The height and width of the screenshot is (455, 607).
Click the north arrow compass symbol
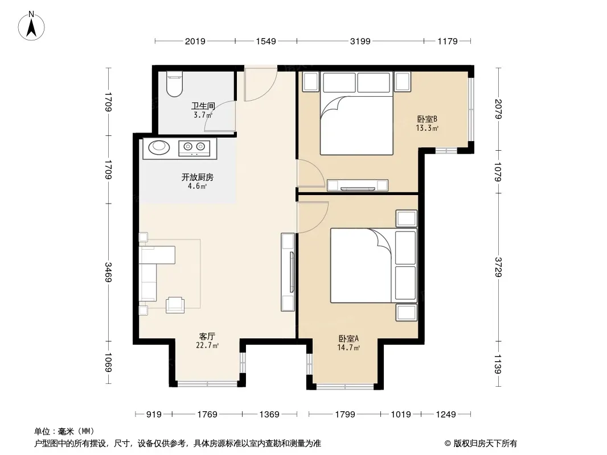pyautogui.click(x=31, y=26)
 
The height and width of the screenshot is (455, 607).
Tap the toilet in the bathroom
pyautogui.click(x=174, y=84)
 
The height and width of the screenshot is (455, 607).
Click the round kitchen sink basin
pyautogui.click(x=159, y=146)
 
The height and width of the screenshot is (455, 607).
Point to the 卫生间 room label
pyautogui.click(x=203, y=106)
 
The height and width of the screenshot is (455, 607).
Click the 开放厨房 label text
pyautogui.click(x=198, y=177)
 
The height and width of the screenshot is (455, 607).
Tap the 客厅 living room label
pyautogui.click(x=207, y=337)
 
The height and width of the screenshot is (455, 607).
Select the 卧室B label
pyautogui.click(x=427, y=119)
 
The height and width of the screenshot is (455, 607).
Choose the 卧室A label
pyautogui.click(x=348, y=338)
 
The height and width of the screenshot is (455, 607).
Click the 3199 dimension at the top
pyautogui.click(x=360, y=41)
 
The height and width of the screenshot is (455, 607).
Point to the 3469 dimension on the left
pyautogui.click(x=109, y=272)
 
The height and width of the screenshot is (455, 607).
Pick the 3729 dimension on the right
pyautogui.click(x=498, y=267)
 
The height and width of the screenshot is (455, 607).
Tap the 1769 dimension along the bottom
pyautogui.click(x=207, y=415)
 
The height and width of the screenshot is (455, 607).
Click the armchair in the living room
pyautogui.click(x=175, y=305)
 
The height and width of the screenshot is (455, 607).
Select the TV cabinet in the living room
pyautogui.click(x=288, y=272)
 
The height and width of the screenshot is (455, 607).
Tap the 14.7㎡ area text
pyautogui.click(x=348, y=348)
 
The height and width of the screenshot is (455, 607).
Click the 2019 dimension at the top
pyautogui.click(x=195, y=41)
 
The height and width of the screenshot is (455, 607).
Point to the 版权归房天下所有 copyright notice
pyautogui.click(x=481, y=444)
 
